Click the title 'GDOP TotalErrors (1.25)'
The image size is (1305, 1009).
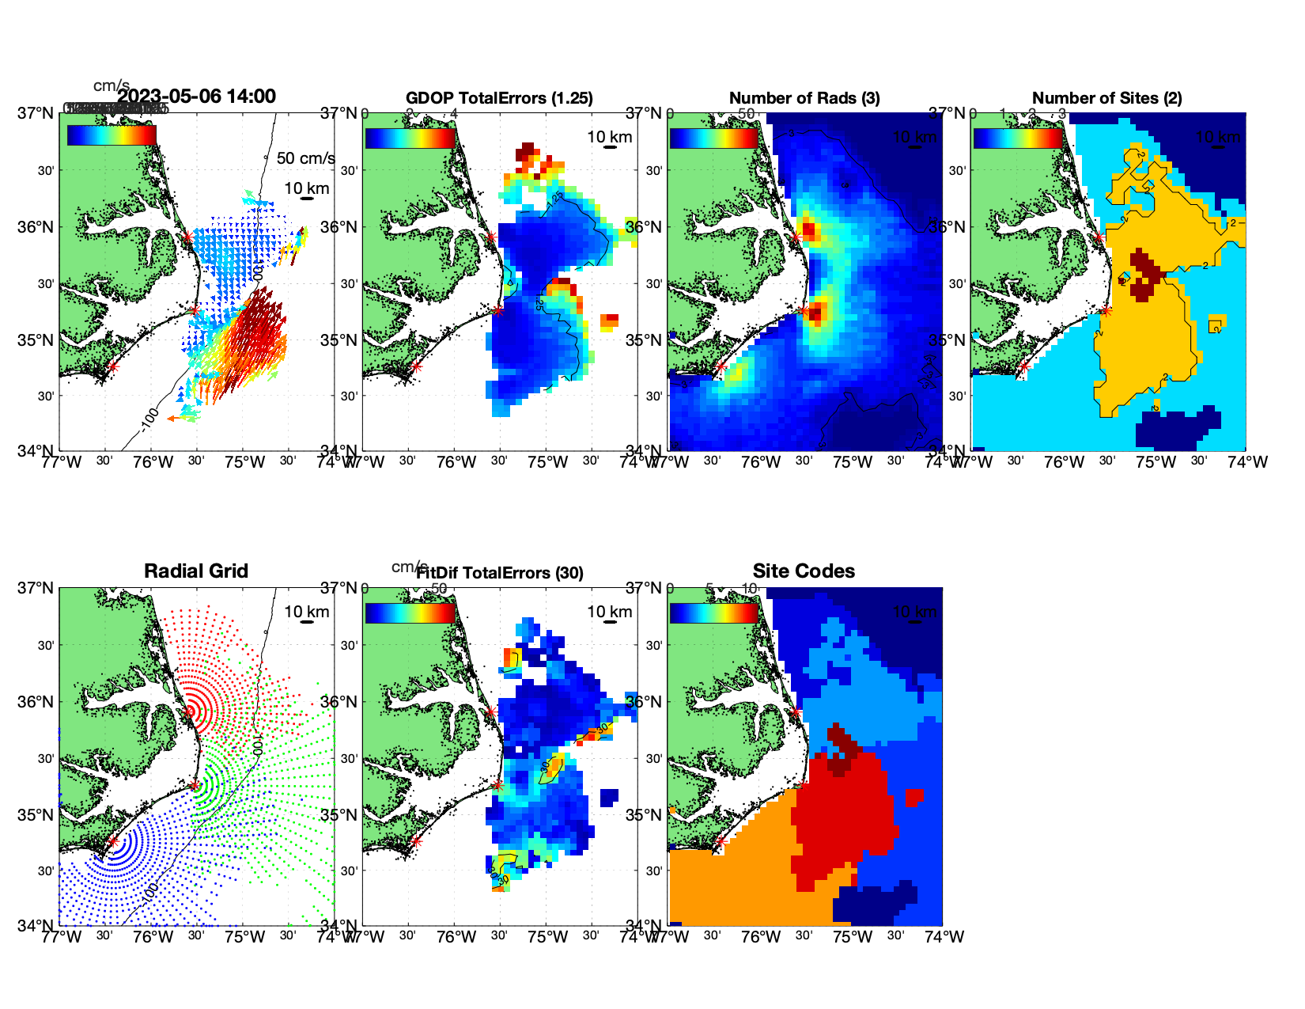pyautogui.click(x=499, y=98)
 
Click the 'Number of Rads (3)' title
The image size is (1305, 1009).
pyautogui.click(x=804, y=98)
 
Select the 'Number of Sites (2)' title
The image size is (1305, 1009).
pyautogui.click(x=1106, y=98)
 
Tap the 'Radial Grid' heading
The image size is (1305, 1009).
pyautogui.click(x=196, y=571)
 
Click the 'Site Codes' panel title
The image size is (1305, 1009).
pyautogui.click(x=804, y=571)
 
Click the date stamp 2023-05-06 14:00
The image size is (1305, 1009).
pyautogui.click(x=197, y=97)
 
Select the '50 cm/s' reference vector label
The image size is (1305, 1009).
pyautogui.click(x=305, y=158)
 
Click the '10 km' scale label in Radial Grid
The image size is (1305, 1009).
pyautogui.click(x=306, y=612)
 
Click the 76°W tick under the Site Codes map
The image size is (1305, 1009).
pyautogui.click(x=761, y=937)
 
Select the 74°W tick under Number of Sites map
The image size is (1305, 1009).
pyautogui.click(x=1247, y=462)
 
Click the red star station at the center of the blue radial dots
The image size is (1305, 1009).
pyautogui.click(x=113, y=842)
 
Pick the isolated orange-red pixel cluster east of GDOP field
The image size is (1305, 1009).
pyautogui.click(x=610, y=321)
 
